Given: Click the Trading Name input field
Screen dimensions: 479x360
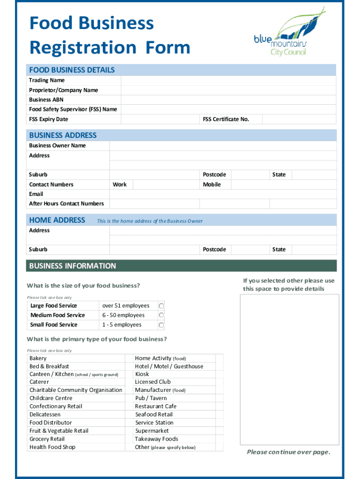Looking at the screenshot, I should pos(228,80).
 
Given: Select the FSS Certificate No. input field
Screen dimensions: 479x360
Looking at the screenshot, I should pos(299,119).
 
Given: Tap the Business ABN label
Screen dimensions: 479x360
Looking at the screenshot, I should pos(46,100).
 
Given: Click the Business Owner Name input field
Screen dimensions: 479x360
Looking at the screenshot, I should pos(223,145).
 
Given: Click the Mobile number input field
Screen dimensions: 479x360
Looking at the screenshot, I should pos(284,184).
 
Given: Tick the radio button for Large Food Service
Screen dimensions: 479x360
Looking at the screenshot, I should pos(161,305).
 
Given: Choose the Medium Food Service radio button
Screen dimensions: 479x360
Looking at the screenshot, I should pos(161,315).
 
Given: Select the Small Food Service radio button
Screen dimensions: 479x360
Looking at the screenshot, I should pos(161,325).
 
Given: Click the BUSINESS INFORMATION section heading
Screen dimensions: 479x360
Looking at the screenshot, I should pos(72,266).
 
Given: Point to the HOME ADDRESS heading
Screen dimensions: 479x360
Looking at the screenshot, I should pos(57,220).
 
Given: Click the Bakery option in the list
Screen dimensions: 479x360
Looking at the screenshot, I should pos(38,358).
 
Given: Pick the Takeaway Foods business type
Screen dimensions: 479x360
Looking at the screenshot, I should pos(156,439).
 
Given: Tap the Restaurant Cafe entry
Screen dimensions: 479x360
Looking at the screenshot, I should pos(156,406).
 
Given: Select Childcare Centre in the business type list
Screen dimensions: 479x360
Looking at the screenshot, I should pos(51,398).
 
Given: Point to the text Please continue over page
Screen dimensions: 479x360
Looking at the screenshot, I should pos(288,452).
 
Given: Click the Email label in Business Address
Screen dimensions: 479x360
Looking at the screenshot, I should pos(36,194).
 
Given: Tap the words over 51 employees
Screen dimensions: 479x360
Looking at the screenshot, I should pos(126,305).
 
